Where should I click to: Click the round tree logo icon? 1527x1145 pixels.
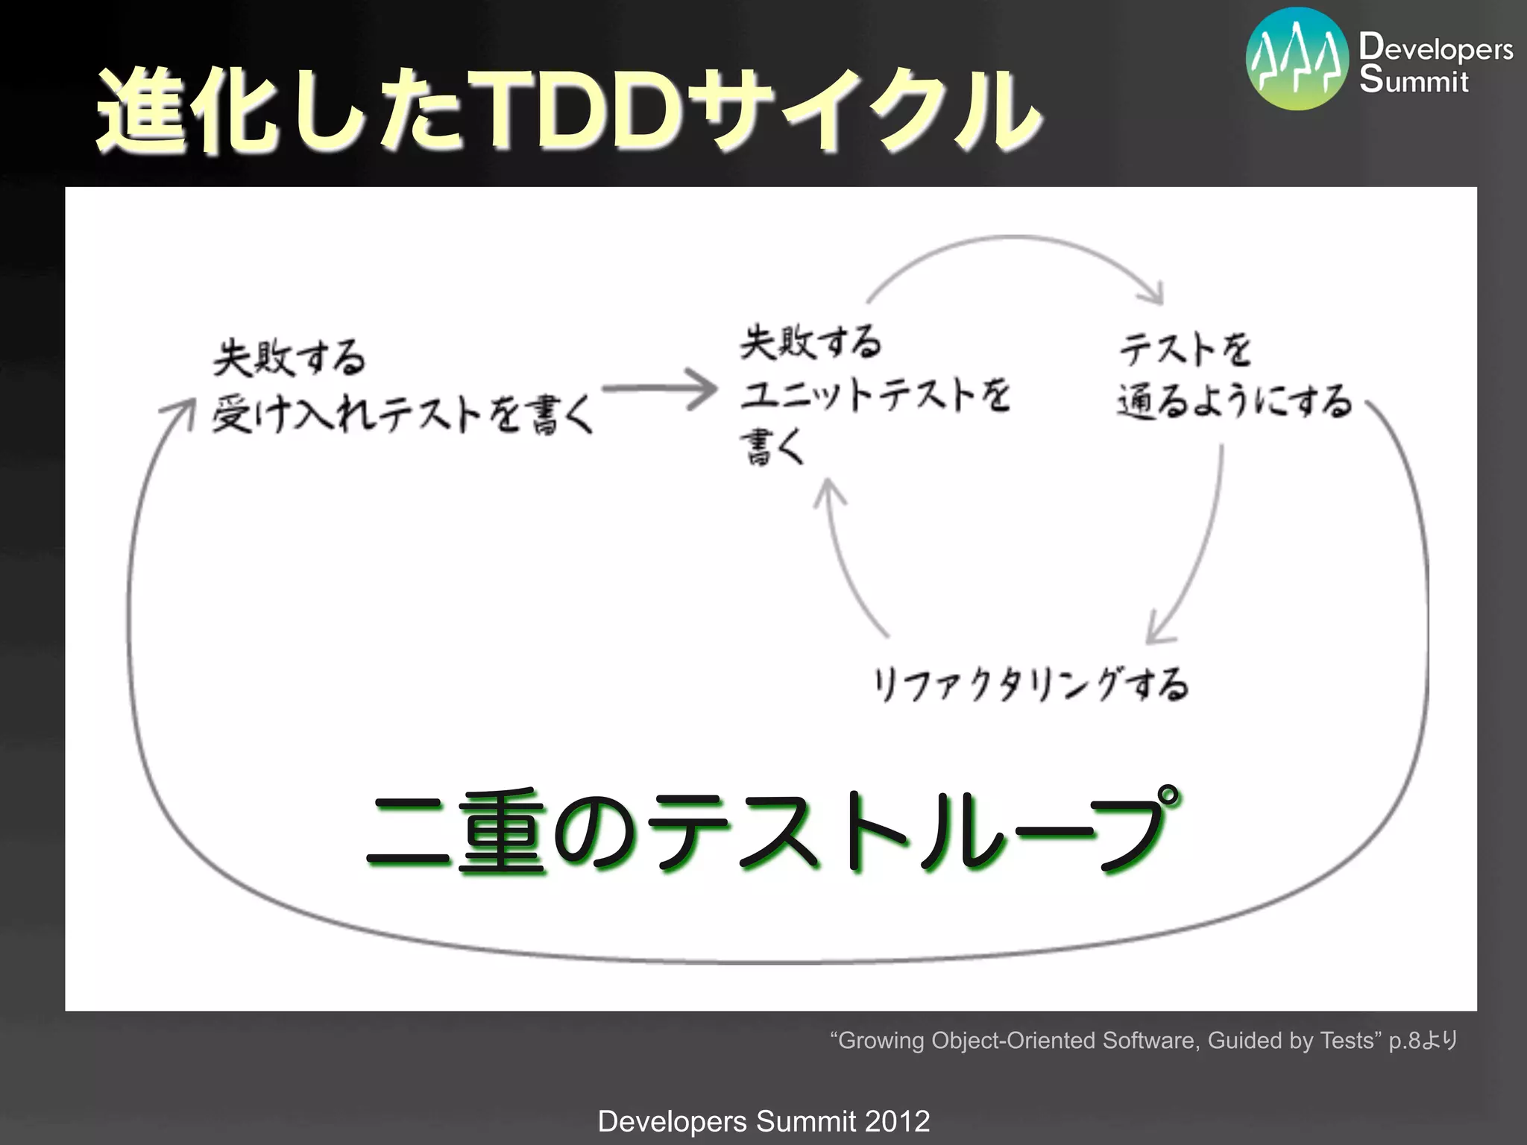[x=1297, y=60]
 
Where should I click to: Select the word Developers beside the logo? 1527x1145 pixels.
[x=1435, y=47]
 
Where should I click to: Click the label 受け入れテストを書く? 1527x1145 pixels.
[x=403, y=414]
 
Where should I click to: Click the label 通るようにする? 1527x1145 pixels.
[x=1234, y=403]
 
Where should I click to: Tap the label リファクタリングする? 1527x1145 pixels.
[x=1030, y=684]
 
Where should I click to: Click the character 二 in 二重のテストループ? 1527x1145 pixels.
[x=409, y=831]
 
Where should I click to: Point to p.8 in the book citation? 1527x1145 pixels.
[x=1403, y=1041]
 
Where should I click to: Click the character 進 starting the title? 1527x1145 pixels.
[x=142, y=110]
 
